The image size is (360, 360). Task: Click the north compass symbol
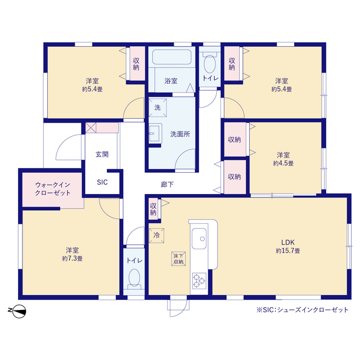coord(18,311)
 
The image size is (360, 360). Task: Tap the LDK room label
coord(287,242)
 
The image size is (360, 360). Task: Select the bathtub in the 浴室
coord(172,57)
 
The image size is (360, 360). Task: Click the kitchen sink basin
coord(199,238)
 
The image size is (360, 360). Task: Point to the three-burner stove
coord(199,281)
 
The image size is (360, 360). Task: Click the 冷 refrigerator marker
coord(156,235)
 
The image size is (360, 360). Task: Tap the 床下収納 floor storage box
coord(178,259)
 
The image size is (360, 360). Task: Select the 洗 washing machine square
coord(157,107)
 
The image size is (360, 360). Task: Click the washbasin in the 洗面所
coord(155,133)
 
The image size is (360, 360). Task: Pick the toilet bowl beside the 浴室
coord(209,63)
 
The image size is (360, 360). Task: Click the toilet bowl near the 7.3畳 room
coord(134,278)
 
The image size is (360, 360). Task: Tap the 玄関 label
coord(102,154)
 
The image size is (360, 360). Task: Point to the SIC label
coord(102,182)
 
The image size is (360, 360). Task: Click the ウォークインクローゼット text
coord(52,188)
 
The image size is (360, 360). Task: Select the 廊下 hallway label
coord(167,184)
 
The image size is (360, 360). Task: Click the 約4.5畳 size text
coord(283,163)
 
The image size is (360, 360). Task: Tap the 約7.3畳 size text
coord(73,259)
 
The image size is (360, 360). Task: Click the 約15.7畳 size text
coord(288,250)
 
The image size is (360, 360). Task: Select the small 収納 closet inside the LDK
coord(153,209)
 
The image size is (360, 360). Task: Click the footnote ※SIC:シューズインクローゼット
coord(303,310)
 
